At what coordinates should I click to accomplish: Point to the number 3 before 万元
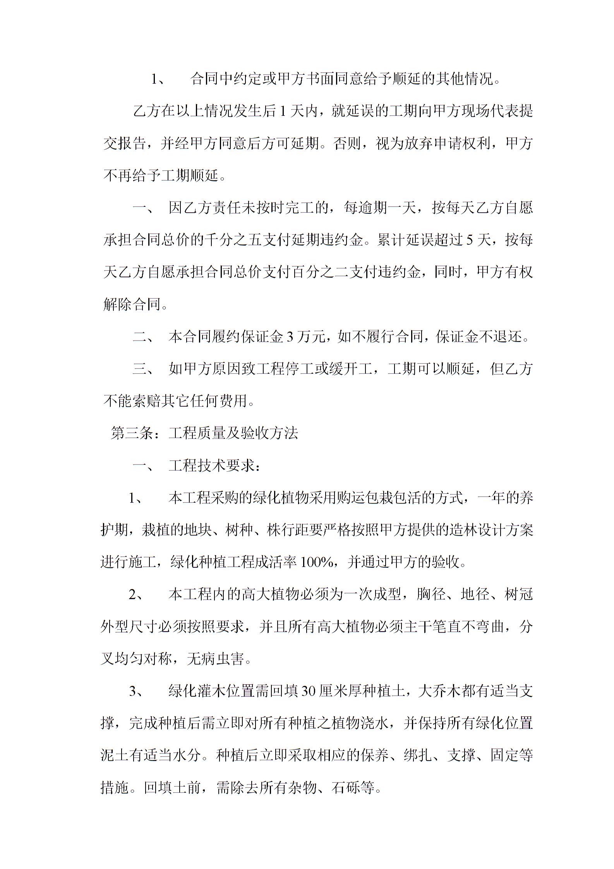click(x=289, y=337)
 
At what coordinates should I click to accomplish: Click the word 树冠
click(x=519, y=594)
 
